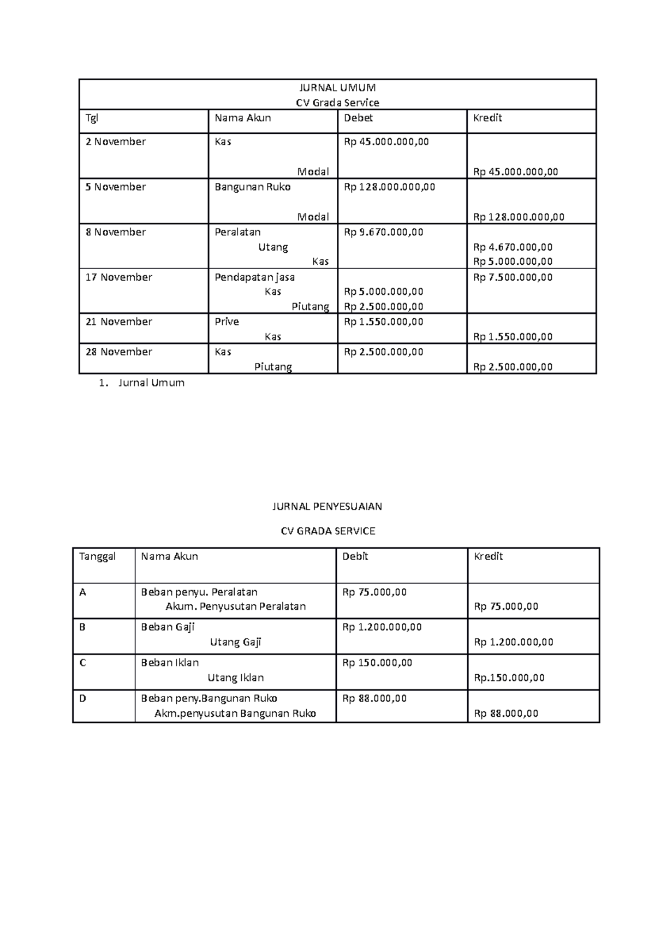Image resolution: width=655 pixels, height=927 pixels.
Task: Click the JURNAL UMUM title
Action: [337, 87]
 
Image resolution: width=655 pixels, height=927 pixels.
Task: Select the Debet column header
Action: [358, 118]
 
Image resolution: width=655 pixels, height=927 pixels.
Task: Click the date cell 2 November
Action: [116, 142]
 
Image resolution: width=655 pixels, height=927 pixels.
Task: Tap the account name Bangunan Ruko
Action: [252, 187]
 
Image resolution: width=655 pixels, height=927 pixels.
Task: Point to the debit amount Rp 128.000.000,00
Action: [389, 187]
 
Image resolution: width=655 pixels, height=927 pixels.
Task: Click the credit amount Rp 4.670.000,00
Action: [513, 247]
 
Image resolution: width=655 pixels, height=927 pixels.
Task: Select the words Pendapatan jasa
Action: [254, 277]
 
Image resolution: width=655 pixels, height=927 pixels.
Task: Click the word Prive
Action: [227, 322]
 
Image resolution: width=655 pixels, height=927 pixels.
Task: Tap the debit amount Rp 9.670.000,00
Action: [383, 233]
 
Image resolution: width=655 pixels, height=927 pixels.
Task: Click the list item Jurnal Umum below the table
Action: [151, 383]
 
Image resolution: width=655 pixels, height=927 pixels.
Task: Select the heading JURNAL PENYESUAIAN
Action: [327, 507]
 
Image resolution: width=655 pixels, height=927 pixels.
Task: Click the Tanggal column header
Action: [97, 557]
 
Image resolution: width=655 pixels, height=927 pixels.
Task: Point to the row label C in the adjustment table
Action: [83, 663]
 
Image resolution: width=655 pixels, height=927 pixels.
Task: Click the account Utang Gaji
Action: [235, 643]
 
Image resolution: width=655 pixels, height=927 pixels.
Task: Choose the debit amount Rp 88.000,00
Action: [374, 699]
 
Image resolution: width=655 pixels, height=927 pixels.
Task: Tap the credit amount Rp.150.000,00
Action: [509, 678]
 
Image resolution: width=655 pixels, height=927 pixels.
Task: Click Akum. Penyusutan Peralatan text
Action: [235, 607]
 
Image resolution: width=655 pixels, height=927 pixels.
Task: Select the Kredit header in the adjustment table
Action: [488, 557]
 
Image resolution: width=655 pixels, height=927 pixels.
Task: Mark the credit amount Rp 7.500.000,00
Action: [513, 277]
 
